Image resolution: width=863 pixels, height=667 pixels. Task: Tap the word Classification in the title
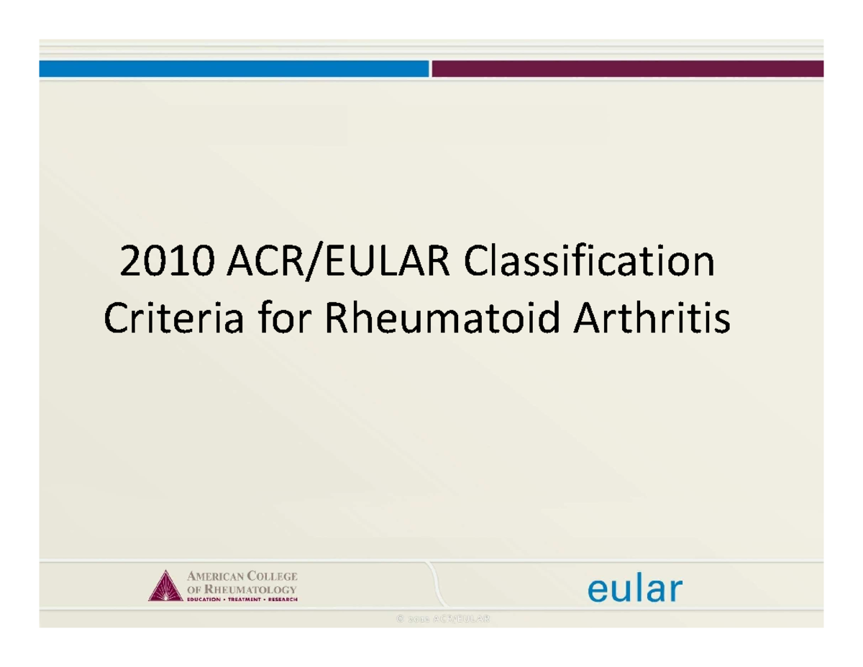pos(590,263)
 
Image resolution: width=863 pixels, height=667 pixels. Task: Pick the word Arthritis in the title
pos(652,319)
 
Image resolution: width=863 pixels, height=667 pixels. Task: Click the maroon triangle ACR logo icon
pos(163,586)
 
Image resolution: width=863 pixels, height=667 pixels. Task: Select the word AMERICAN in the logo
pos(214,577)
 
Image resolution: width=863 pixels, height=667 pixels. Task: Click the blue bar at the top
pos(234,68)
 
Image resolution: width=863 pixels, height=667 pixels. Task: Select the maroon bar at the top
pos(627,68)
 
